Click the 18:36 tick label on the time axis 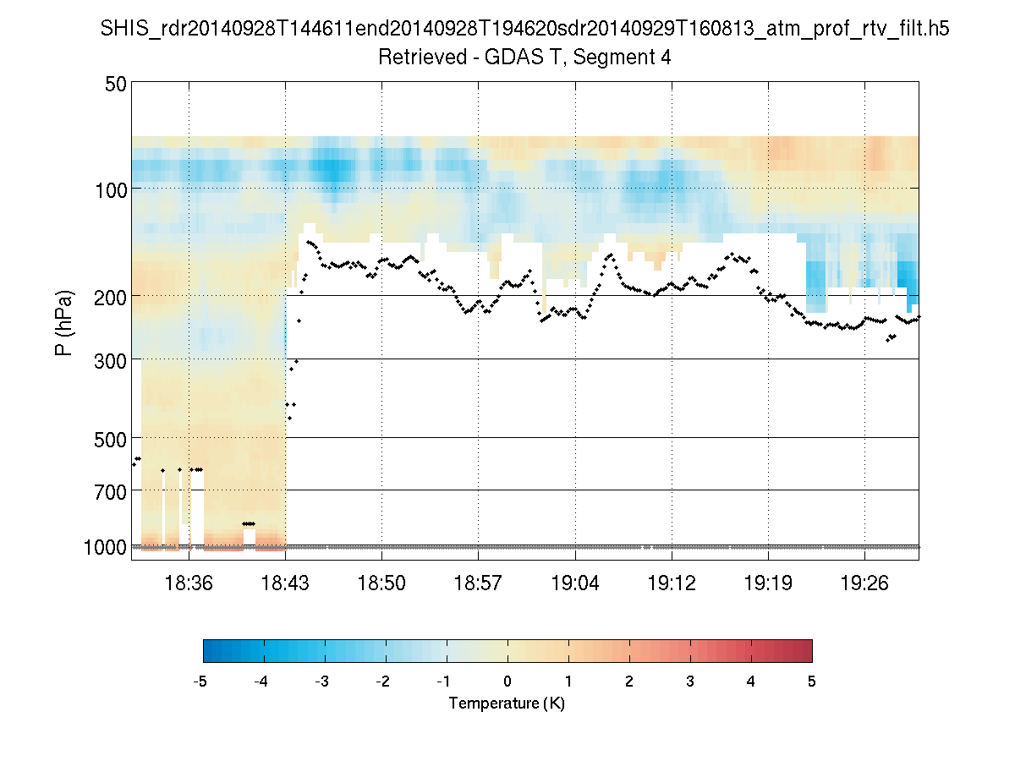tap(189, 584)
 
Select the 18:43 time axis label tap(286, 584)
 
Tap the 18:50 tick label tap(382, 584)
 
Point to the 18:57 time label tap(479, 584)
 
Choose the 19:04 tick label tap(575, 584)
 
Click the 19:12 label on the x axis tap(672, 584)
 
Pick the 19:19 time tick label tap(768, 584)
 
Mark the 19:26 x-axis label tap(865, 584)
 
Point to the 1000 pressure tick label tap(106, 547)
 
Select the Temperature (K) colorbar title tap(507, 704)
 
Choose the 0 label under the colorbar tap(507, 682)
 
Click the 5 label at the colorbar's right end tap(812, 682)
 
